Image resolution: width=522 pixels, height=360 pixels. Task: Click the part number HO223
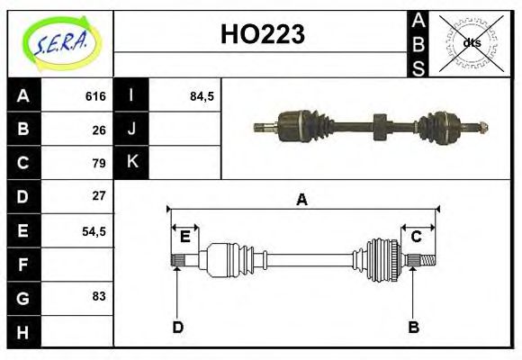pos(263,34)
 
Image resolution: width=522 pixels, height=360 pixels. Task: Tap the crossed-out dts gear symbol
pos(472,42)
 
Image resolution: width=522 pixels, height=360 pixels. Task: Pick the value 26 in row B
pos(99,130)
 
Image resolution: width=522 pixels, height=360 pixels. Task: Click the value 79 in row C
pos(99,163)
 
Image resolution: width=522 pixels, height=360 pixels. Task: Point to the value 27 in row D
pos(99,195)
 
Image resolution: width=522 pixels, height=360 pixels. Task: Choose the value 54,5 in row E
pos(94,230)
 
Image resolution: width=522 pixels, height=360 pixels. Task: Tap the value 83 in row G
pos(99,296)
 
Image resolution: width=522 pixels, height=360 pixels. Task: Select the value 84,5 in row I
pos(202,96)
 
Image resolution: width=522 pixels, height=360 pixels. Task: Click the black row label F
pos(23,264)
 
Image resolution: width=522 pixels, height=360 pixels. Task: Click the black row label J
pos(131,130)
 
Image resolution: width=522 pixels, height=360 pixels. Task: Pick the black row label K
pos(131,163)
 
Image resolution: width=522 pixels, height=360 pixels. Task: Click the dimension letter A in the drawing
pos(301,200)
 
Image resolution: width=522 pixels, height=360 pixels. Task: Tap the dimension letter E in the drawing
pos(184,237)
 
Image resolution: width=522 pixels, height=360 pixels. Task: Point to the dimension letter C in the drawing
pos(417,237)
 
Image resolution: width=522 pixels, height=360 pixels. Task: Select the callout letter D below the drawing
pos(177,327)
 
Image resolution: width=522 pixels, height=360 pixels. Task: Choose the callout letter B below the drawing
pos(413,327)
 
